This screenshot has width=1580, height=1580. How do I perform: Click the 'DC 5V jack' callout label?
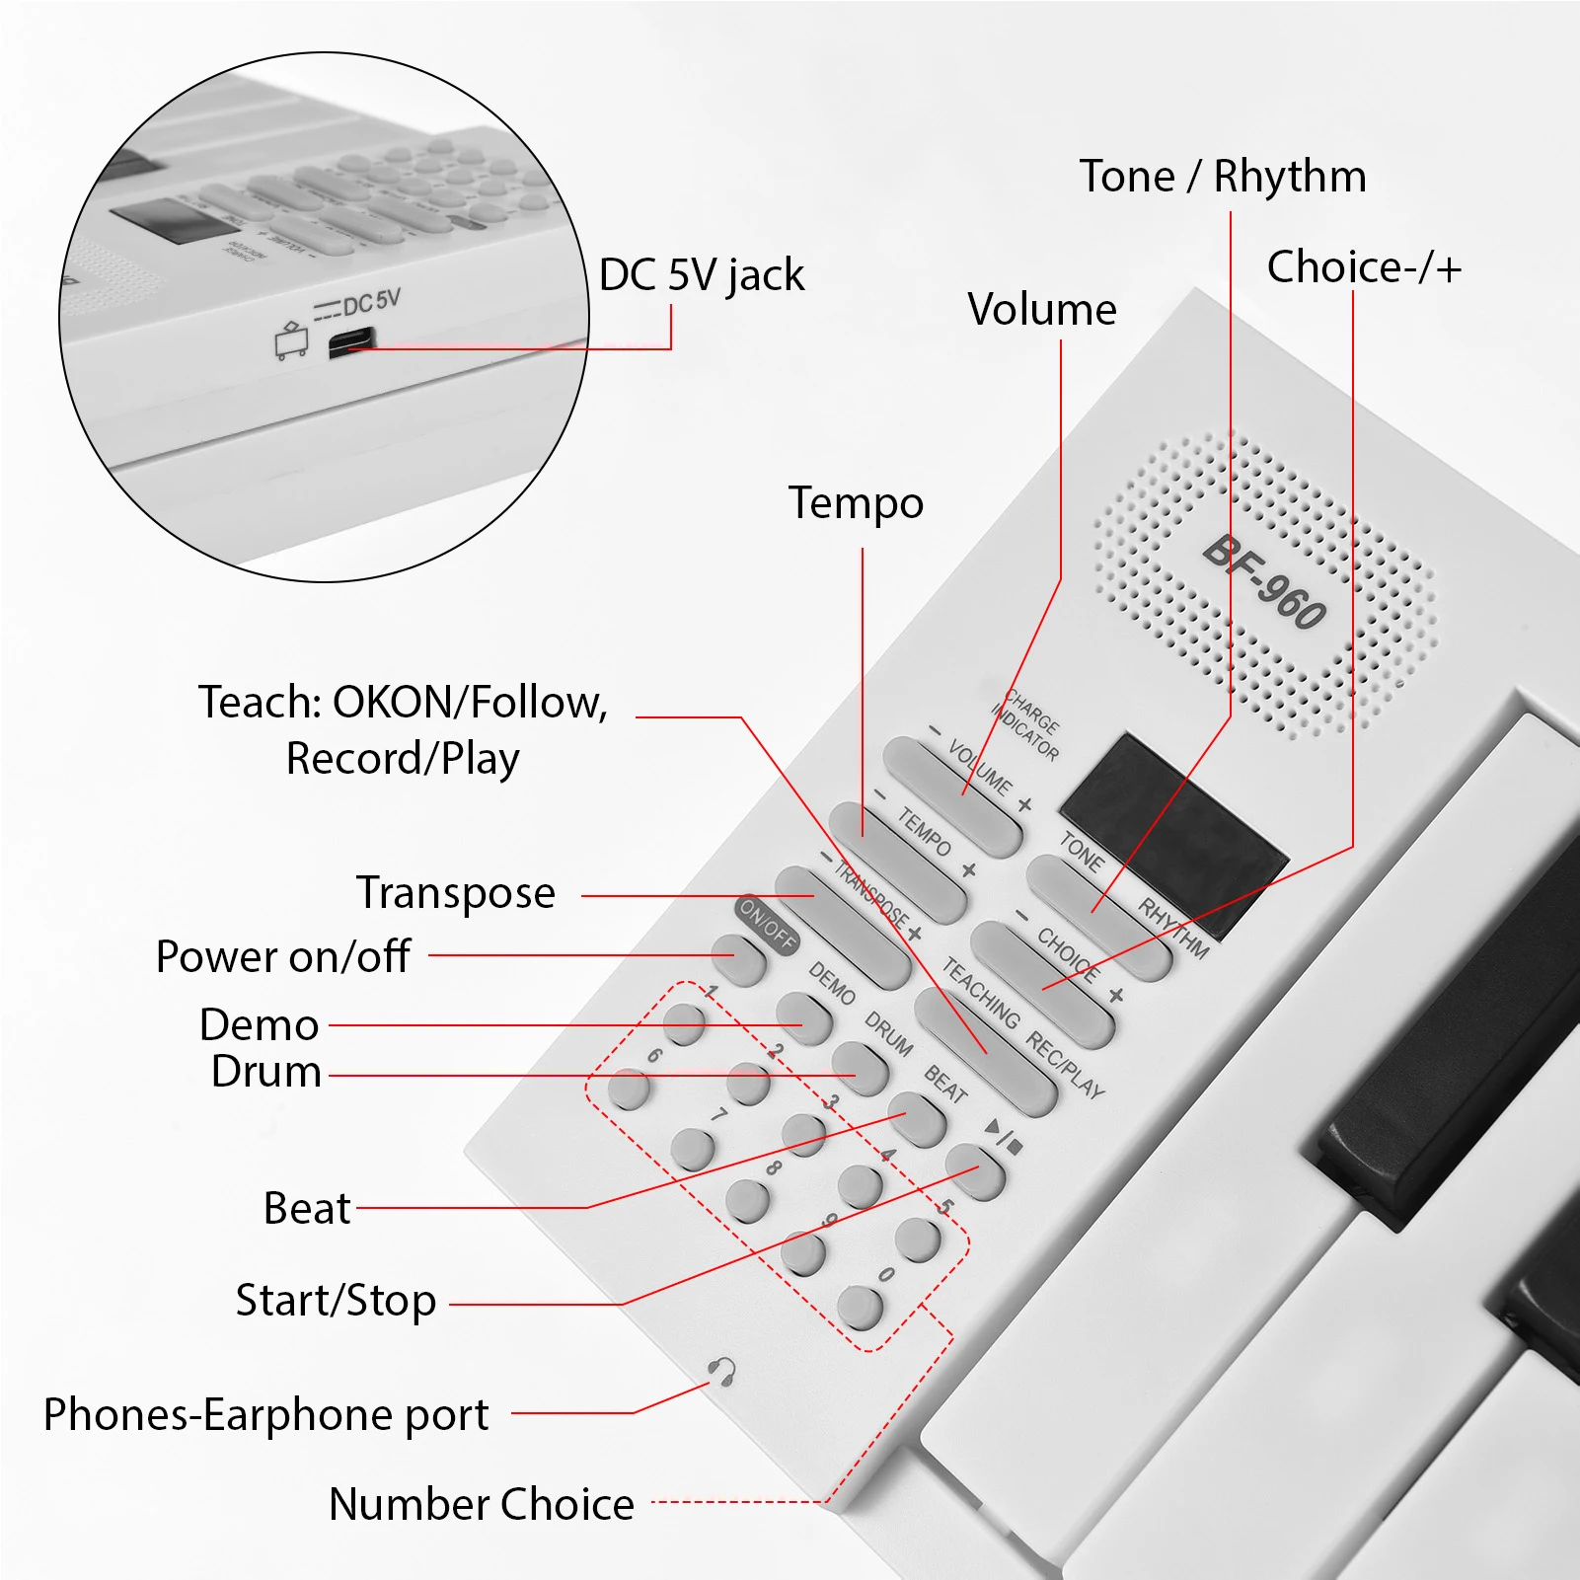point(701,275)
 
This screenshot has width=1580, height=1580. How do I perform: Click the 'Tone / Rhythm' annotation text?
point(1222,177)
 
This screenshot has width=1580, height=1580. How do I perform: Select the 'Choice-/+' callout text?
point(1363,267)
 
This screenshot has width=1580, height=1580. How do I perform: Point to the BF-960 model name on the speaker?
point(1265,582)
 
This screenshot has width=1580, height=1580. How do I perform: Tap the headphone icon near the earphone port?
point(722,1371)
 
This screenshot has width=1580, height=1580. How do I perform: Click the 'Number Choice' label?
point(482,1504)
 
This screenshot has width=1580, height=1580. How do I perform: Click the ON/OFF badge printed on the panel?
point(767,924)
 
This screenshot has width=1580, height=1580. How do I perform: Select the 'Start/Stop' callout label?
point(336,1301)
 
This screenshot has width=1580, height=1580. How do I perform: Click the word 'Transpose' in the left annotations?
point(456,893)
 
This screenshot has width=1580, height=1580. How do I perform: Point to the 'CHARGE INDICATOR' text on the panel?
point(1026,725)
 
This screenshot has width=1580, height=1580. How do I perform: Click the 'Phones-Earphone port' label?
point(266,1414)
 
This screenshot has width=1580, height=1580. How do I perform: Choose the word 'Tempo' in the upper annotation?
point(856,503)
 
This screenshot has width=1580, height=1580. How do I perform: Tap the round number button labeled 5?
point(918,1239)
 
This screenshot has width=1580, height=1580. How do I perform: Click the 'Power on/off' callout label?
point(283,956)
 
